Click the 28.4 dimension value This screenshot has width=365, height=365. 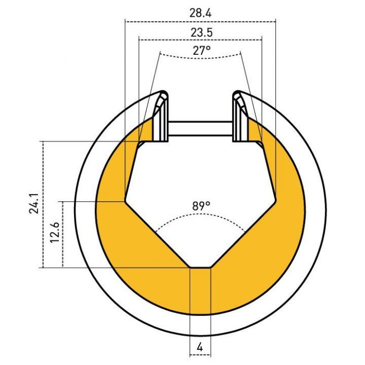pyautogui.click(x=200, y=13)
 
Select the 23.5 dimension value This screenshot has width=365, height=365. pyautogui.click(x=202, y=32)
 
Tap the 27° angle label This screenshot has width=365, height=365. pyautogui.click(x=202, y=50)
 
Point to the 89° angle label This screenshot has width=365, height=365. pyautogui.click(x=201, y=206)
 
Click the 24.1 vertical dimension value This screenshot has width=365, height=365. pyautogui.click(x=34, y=203)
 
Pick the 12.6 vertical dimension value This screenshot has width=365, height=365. pyautogui.click(x=55, y=233)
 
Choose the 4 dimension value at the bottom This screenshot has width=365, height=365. pyautogui.click(x=200, y=348)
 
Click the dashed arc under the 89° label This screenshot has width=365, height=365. pyautogui.click(x=200, y=215)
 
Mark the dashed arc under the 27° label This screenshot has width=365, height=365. pyautogui.click(x=200, y=57)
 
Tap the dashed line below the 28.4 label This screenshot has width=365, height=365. pyautogui.click(x=200, y=22)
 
